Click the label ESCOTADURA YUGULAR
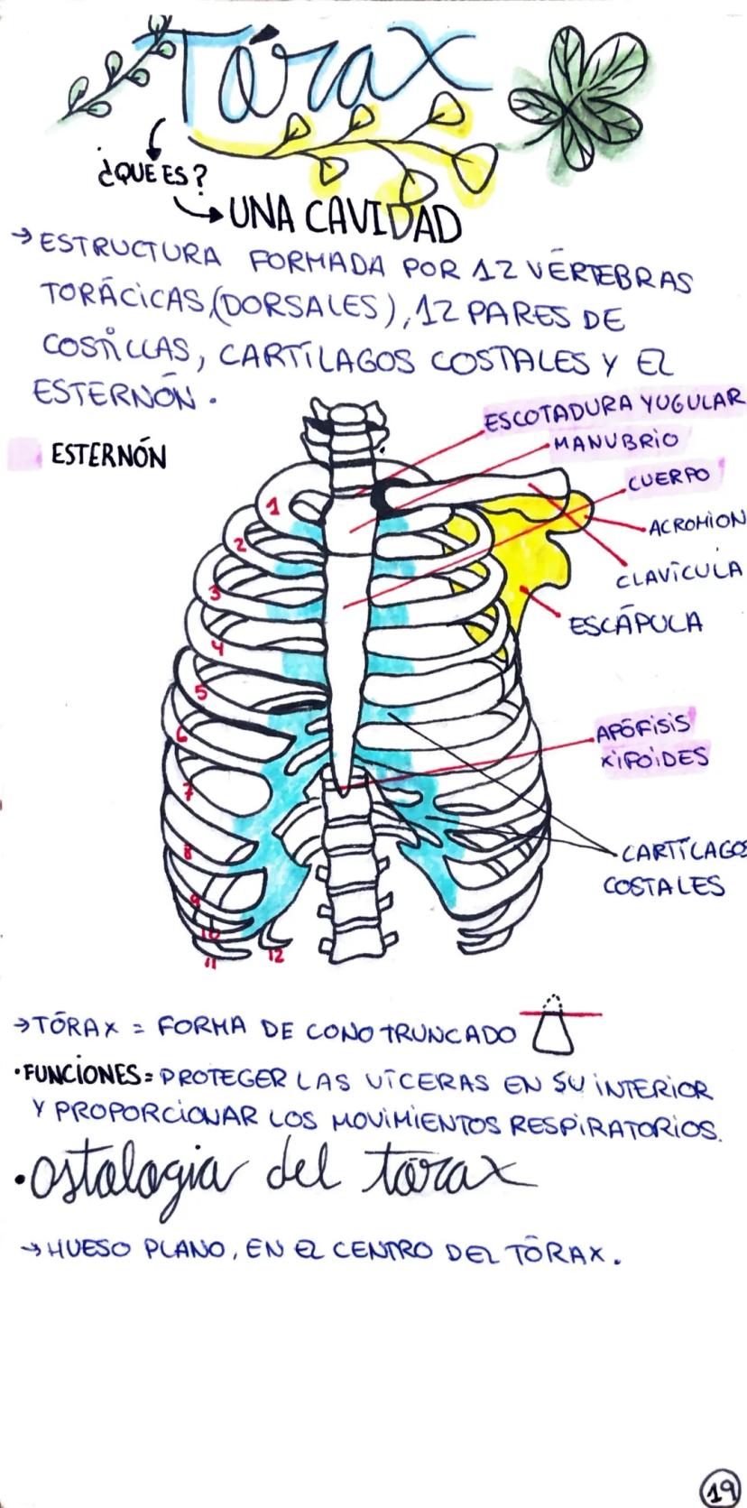614,411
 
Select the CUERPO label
669,478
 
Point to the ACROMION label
696,521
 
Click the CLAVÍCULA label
679,573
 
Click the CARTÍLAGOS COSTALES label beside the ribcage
674,868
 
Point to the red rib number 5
200,691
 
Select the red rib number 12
278,955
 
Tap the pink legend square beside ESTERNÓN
24,454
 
